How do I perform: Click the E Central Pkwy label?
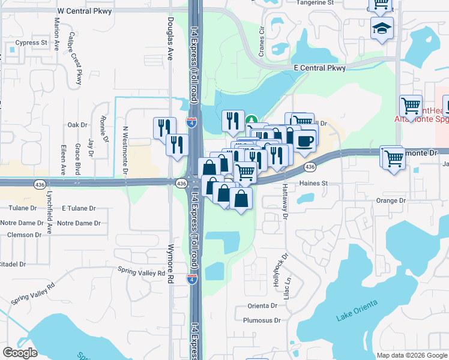pos(319,68)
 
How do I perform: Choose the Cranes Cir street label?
pos(261,41)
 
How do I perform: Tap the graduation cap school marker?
pos(382,28)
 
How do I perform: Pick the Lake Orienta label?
pos(357,311)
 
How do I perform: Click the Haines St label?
pos(313,183)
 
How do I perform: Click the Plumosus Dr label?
pos(262,320)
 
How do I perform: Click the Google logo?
pos(20,353)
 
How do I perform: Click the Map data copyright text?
pos(411,355)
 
